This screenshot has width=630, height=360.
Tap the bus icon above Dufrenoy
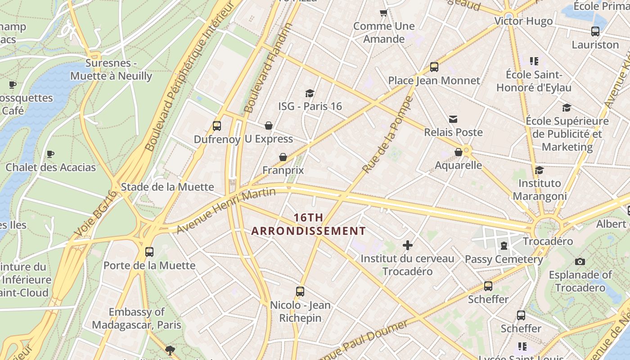(217, 126)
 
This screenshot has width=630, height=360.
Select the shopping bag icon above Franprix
(283, 157)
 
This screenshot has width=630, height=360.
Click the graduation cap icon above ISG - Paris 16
(310, 93)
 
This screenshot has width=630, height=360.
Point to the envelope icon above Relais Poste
(453, 119)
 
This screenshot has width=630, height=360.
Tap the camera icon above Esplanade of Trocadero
(580, 261)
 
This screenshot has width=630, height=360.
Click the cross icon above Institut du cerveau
(408, 245)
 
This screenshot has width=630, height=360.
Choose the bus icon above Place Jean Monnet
(434, 67)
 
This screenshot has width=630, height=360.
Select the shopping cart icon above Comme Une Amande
(384, 13)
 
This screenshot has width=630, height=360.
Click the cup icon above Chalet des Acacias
(50, 154)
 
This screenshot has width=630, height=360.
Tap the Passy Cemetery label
(504, 259)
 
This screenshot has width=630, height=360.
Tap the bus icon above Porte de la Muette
(149, 252)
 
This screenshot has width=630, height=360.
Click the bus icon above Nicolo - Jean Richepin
(300, 292)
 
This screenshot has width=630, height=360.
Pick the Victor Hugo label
(523, 21)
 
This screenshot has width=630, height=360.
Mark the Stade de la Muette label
(167, 187)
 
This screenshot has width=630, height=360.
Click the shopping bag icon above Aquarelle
(459, 152)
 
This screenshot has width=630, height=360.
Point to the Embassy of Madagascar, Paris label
(137, 318)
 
